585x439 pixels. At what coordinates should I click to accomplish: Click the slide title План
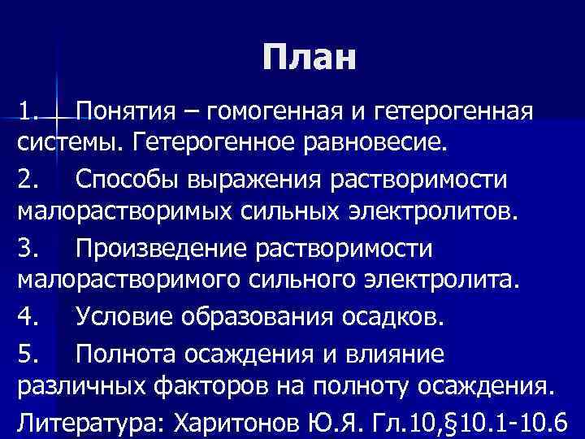(x=310, y=58)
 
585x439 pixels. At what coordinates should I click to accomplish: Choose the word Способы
(x=127, y=179)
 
